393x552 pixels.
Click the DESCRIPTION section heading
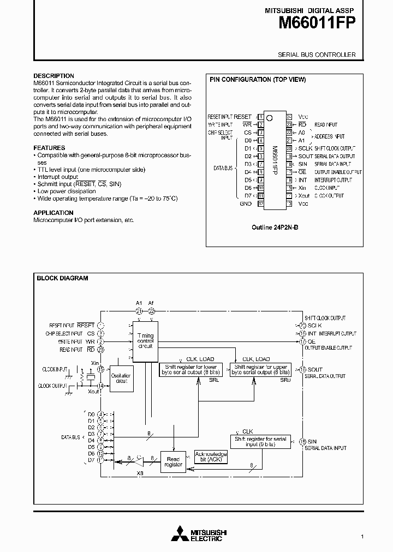(53, 76)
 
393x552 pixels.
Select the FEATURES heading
(49, 148)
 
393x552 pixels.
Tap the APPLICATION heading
(53, 213)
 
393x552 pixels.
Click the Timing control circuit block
(145, 341)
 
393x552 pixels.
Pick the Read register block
(174, 461)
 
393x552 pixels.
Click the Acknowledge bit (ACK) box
(211, 457)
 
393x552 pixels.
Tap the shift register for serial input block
(260, 442)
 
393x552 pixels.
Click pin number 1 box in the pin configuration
(261, 117)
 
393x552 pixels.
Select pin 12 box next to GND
(261, 203)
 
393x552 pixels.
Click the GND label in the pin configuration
(246, 203)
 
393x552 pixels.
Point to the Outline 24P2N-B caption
(276, 225)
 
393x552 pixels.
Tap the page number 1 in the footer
(362, 537)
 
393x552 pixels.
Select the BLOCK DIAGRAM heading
(62, 278)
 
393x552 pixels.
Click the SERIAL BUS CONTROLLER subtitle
(317, 55)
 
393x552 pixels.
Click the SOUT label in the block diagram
(315, 369)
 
